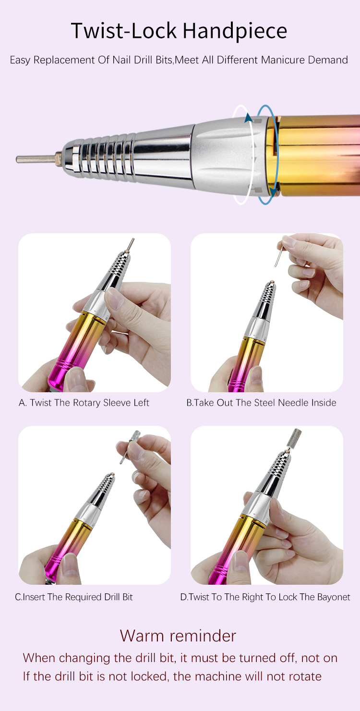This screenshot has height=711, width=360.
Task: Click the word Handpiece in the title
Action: pos(235,31)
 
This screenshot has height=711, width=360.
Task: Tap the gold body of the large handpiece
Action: pos(317,156)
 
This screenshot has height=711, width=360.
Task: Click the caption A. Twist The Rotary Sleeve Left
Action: pos(84,403)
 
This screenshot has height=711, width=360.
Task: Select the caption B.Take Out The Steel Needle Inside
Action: pos(261,403)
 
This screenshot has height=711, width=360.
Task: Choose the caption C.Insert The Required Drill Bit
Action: pos(73,597)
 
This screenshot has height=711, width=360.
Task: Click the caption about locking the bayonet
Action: pos(265,597)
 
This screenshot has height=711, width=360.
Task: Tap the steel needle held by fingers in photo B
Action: pos(279,256)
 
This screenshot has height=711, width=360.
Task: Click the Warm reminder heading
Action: pos(178,636)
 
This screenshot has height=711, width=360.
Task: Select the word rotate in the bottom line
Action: pos(303,676)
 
